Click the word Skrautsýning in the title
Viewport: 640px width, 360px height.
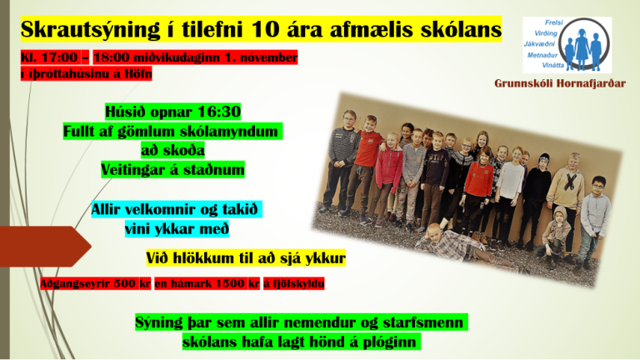click(90, 30)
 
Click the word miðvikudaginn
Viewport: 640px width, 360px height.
click(177, 57)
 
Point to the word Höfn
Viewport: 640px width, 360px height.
click(138, 74)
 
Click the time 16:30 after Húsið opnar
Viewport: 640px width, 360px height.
click(219, 112)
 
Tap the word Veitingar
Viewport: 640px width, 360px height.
click(134, 170)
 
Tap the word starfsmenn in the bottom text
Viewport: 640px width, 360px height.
click(423, 322)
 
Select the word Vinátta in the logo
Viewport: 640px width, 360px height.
click(553, 65)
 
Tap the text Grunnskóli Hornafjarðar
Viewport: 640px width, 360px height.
click(560, 83)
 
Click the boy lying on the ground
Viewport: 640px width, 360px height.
click(465, 244)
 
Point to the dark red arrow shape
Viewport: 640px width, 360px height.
click(45, 246)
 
